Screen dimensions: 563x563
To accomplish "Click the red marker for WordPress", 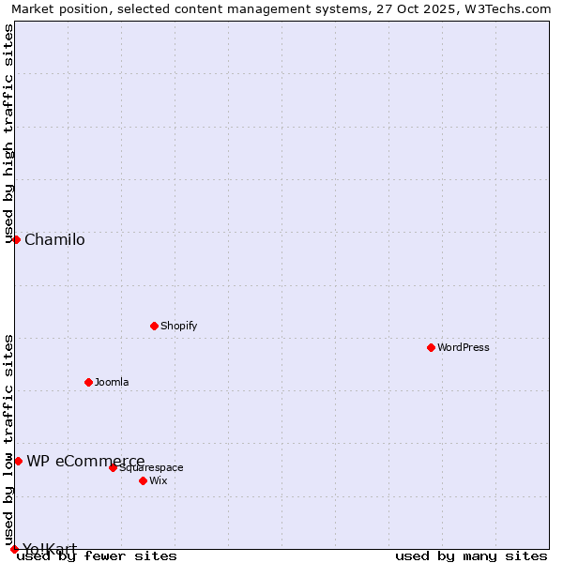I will click(x=431, y=347).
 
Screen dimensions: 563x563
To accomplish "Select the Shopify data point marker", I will click(x=154, y=326).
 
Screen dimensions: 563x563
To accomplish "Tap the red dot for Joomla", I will click(x=88, y=382).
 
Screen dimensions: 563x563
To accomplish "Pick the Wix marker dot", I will click(x=143, y=480).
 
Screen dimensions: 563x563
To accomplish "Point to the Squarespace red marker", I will click(x=113, y=467).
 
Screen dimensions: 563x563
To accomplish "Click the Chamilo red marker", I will click(x=16, y=239).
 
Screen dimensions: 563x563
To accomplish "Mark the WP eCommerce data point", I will click(x=18, y=461).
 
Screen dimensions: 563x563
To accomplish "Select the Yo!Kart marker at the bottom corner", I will click(x=14, y=549).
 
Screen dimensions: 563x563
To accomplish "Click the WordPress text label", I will click(x=464, y=347).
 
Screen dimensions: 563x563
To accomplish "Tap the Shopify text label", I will click(x=179, y=326).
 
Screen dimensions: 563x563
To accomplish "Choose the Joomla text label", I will click(x=112, y=382).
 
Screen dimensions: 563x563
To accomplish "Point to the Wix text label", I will click(x=159, y=480).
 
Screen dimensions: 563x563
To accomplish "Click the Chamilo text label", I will click(x=54, y=239).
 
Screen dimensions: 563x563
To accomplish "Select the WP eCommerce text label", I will click(x=85, y=461).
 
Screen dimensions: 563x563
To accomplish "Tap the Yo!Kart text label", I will click(x=50, y=549).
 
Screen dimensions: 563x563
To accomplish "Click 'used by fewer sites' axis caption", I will click(x=97, y=555).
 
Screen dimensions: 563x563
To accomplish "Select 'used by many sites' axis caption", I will click(x=471, y=555).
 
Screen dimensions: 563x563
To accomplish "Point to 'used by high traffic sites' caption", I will click(x=8, y=133).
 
